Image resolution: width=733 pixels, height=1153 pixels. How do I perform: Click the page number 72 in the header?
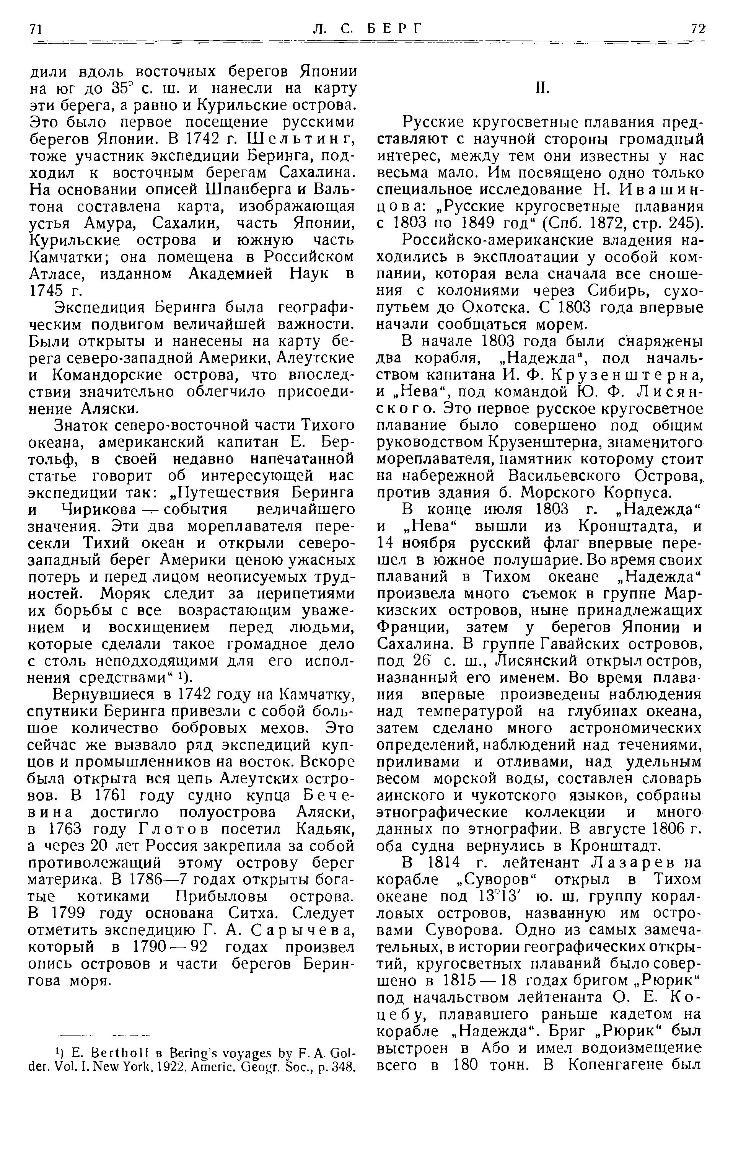pyautogui.click(x=697, y=29)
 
